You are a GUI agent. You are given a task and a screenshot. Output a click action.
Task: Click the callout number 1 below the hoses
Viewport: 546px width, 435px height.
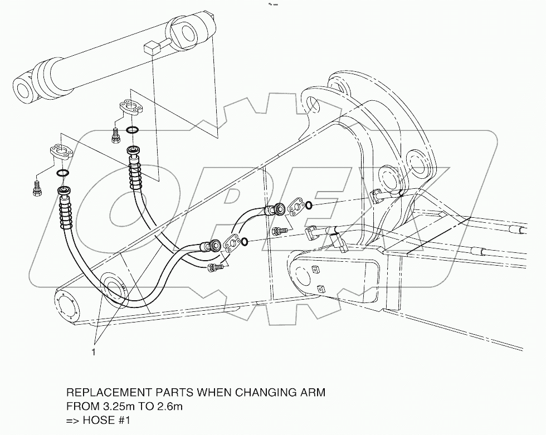94,353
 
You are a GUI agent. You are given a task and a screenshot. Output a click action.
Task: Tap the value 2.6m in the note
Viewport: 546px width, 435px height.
169,407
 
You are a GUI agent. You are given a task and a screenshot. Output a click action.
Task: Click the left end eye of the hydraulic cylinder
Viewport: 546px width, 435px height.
25,90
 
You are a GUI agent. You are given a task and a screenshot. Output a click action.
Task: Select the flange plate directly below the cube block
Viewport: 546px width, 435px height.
131,109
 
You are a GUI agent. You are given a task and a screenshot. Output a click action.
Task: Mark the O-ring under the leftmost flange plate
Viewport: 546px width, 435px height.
64,173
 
